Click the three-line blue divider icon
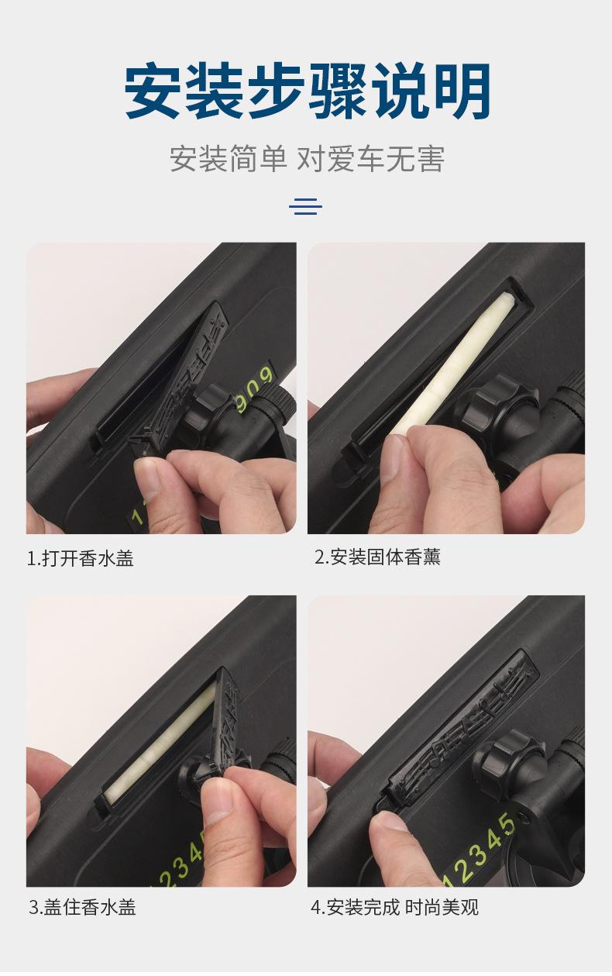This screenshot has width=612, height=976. [305, 205]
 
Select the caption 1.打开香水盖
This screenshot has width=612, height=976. [81, 558]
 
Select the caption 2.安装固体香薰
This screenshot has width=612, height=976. [377, 557]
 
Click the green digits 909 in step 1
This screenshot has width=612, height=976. [257, 384]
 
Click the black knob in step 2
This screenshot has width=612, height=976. [500, 405]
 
